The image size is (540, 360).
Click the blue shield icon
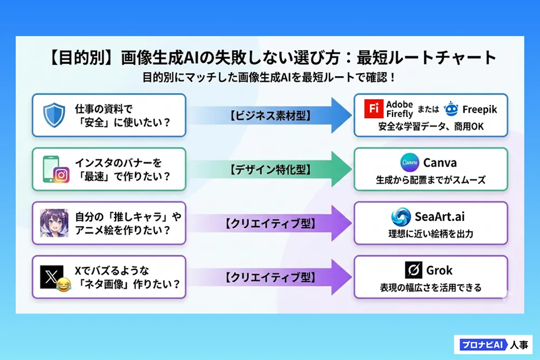click(54, 114)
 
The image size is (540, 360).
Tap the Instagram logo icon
click(62, 175)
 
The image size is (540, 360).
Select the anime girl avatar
click(54, 223)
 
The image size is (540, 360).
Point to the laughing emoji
click(64, 283)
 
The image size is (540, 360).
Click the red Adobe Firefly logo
click(374, 109)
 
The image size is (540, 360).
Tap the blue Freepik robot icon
click(451, 109)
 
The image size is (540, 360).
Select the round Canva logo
click(410, 162)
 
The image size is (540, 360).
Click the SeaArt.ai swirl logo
click(402, 217)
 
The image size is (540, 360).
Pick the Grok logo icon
click(413, 270)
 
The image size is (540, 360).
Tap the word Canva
click(440, 162)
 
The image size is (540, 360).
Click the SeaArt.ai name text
click(439, 217)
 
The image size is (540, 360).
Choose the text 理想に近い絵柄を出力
click(430, 234)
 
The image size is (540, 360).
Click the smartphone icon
click(50, 168)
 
